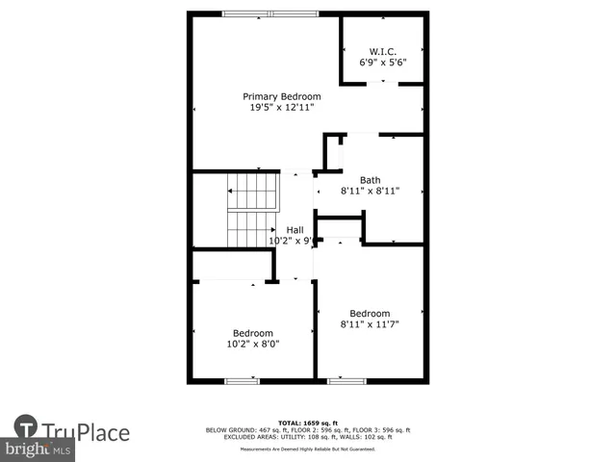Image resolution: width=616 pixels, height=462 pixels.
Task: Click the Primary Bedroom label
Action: (x=281, y=96)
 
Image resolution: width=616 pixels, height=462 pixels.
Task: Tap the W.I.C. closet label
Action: (x=383, y=51)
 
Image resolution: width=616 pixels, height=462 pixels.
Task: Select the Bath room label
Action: (x=370, y=180)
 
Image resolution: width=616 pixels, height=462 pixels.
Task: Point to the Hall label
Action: (x=295, y=230)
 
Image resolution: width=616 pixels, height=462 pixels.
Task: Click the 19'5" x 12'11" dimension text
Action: (x=281, y=108)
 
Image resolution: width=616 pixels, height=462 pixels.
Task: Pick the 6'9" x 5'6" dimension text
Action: (x=383, y=63)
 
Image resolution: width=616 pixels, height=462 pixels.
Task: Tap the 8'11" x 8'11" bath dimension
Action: (x=370, y=192)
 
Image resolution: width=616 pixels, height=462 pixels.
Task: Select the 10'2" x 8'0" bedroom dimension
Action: (x=253, y=344)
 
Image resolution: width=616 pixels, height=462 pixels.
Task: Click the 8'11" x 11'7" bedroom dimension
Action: (x=370, y=324)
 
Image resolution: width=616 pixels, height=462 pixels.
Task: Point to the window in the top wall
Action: (x=270, y=13)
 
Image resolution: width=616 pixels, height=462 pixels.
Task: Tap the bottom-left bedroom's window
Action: (x=242, y=381)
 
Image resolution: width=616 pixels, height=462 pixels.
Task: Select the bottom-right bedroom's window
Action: (x=346, y=381)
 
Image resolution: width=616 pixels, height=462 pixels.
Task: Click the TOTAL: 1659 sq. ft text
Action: (x=307, y=423)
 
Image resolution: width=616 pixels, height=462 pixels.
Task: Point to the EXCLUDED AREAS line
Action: (x=307, y=436)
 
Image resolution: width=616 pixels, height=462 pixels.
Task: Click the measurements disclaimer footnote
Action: (x=307, y=449)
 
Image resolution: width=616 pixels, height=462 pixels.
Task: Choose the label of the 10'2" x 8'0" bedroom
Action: (x=253, y=333)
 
